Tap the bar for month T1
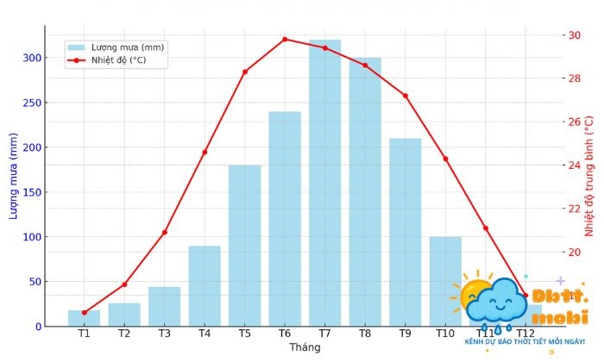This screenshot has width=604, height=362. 84,318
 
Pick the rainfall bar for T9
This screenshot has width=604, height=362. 406,232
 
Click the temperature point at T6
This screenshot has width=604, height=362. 285,39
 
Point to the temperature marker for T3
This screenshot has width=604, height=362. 164,232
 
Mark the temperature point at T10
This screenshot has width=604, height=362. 445,159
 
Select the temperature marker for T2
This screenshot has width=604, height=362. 124,284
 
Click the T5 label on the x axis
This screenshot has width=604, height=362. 245,334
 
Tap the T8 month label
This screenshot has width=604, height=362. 365,334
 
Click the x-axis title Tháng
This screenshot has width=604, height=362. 305,347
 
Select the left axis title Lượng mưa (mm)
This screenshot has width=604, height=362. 14,176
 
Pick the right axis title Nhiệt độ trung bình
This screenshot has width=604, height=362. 590,176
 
